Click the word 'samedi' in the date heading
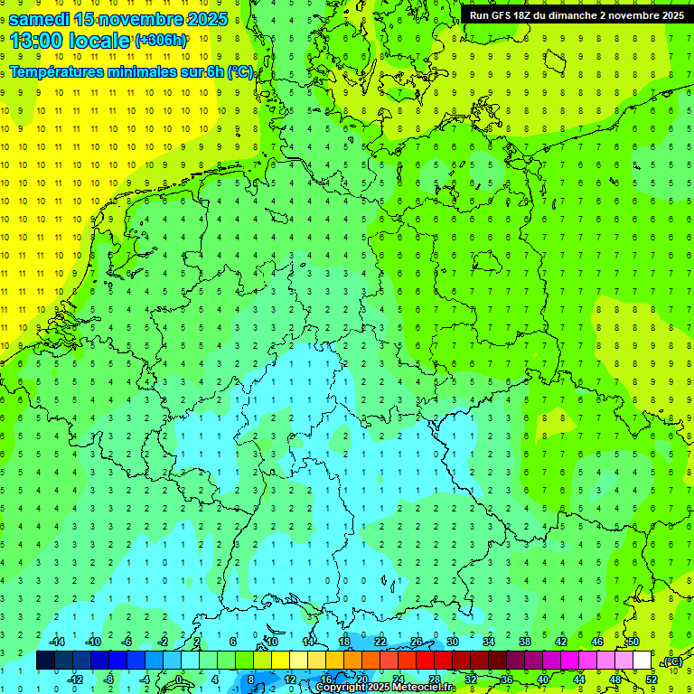(40, 19)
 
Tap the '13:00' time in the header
(36, 40)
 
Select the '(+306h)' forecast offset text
(161, 40)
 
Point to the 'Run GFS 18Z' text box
(577, 14)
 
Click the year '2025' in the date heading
(204, 19)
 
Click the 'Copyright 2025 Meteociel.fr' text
(384, 688)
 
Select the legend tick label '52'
(652, 679)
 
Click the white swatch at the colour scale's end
(642, 661)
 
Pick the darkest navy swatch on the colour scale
(45, 661)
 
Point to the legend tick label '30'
(452, 642)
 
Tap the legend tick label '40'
(542, 679)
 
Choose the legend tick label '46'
(596, 642)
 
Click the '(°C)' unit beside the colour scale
(672, 662)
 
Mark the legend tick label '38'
(524, 642)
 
